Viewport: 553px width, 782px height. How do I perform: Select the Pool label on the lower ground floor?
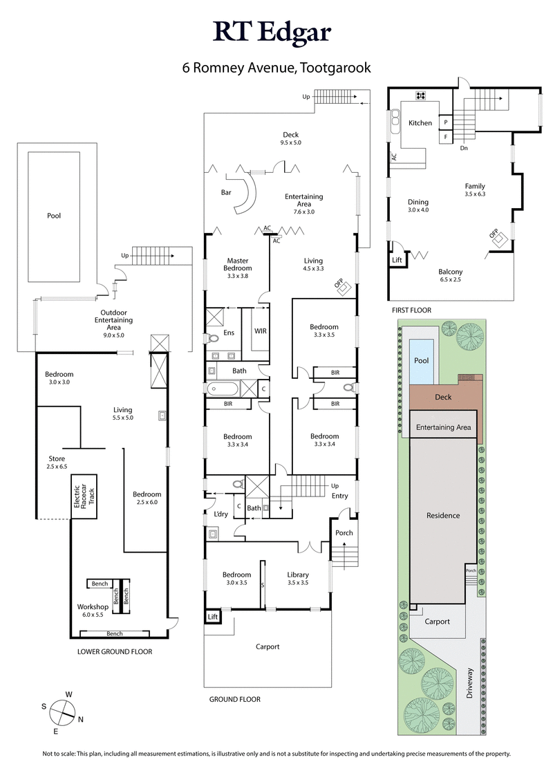click(x=54, y=216)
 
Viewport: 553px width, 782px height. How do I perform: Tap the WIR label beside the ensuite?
click(x=261, y=331)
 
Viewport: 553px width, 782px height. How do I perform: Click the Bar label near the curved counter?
click(x=226, y=192)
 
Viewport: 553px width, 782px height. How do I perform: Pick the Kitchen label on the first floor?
click(x=420, y=123)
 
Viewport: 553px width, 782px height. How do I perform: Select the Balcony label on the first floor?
click(x=451, y=272)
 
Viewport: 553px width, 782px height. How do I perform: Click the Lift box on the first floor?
click(x=397, y=260)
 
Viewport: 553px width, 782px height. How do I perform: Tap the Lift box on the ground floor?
click(x=212, y=615)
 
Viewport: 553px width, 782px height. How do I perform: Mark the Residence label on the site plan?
click(x=443, y=516)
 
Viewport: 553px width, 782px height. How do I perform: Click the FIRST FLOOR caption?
click(x=411, y=310)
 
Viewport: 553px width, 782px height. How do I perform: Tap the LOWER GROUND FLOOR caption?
click(x=115, y=651)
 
